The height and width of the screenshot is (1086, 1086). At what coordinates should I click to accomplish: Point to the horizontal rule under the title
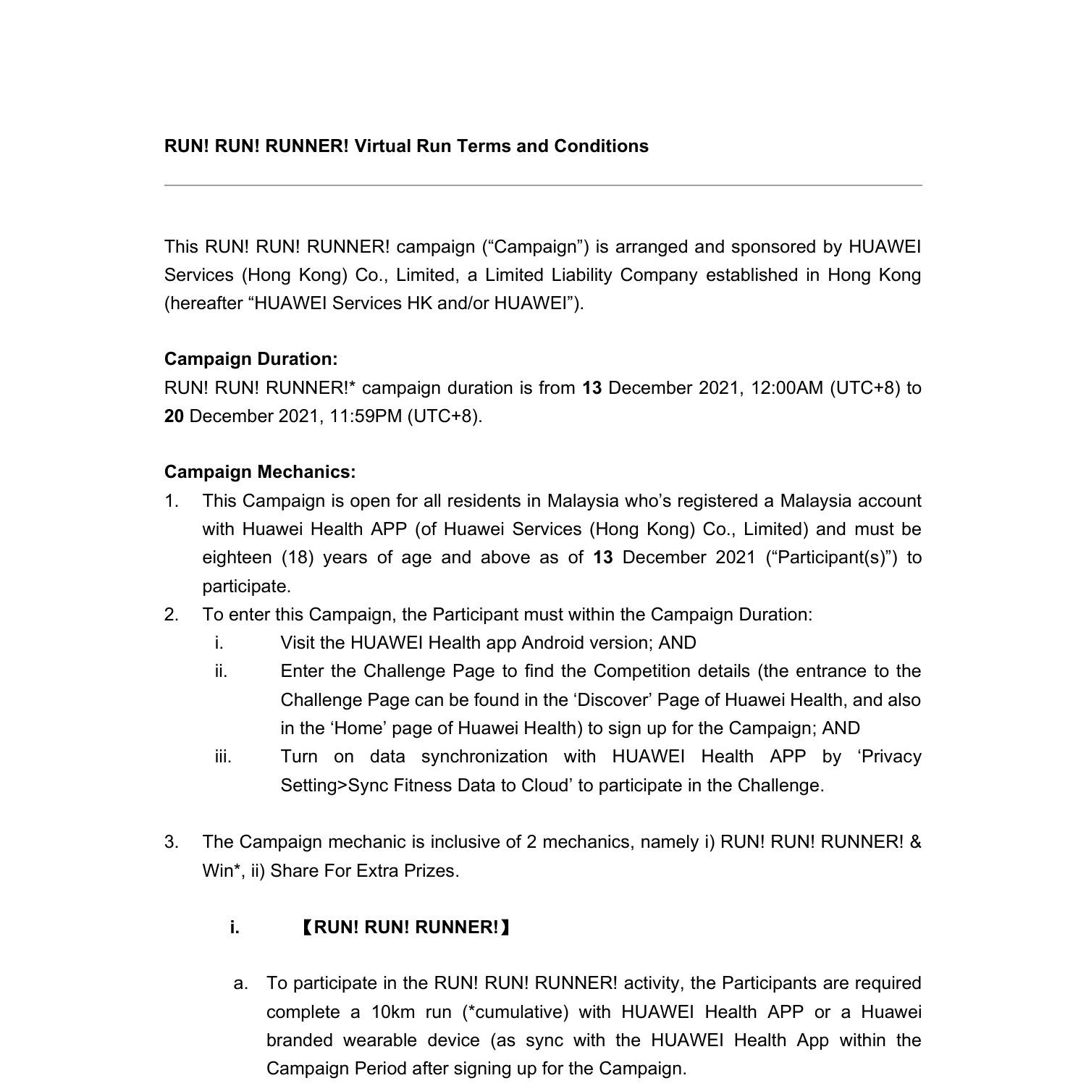tap(543, 185)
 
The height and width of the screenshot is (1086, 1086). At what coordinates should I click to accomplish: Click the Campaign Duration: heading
tap(251, 359)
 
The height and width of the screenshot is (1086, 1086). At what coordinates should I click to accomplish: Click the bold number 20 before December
tap(174, 416)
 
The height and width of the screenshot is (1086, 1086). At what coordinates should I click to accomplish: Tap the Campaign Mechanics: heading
tap(260, 472)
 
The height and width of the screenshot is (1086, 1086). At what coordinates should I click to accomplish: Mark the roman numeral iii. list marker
tap(223, 757)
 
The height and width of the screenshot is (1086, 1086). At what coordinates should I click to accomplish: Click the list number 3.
tap(171, 842)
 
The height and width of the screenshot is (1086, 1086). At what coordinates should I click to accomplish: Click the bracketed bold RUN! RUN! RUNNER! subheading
tap(405, 927)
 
